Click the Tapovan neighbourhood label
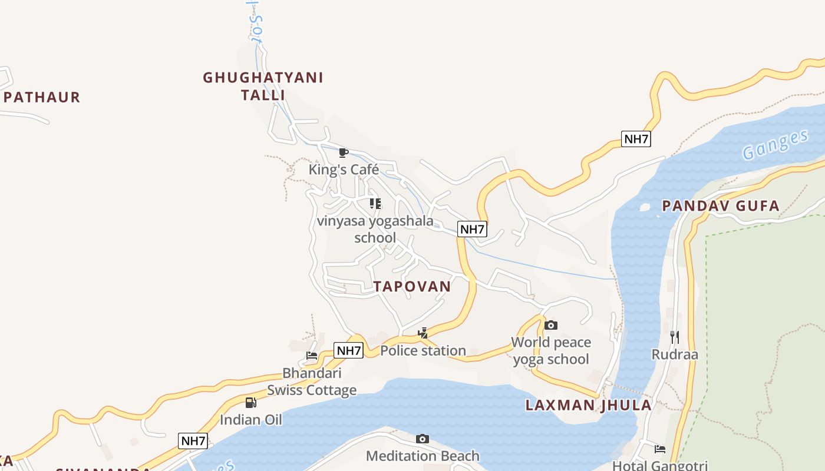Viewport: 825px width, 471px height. pos(412,287)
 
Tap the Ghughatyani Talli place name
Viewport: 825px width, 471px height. pos(263,86)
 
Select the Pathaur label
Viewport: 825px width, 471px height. pos(41,97)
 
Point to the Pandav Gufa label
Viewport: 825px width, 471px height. pos(720,206)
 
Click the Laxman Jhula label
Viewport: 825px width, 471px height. pos(588,405)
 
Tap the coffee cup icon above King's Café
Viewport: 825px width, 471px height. pos(344,153)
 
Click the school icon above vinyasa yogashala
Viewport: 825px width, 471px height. pos(375,204)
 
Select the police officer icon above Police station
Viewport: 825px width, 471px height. pos(423,333)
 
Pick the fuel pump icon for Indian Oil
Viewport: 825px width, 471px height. pos(250,403)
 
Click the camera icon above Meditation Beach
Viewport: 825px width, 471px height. pos(422,439)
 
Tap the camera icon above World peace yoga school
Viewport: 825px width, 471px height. pos(550,325)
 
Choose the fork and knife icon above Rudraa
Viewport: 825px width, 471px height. pos(675,337)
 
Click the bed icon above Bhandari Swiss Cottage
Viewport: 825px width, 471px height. pos(312,356)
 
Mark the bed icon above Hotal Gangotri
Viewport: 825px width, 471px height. pos(659,449)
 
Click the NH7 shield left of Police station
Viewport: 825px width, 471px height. pos(348,350)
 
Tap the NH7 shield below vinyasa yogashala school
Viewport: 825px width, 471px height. pos(472,229)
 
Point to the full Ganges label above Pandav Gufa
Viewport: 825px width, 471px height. pos(775,145)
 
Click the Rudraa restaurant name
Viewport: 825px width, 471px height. pos(675,354)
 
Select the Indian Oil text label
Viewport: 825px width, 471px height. pos(250,420)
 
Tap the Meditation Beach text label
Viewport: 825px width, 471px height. pos(423,456)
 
